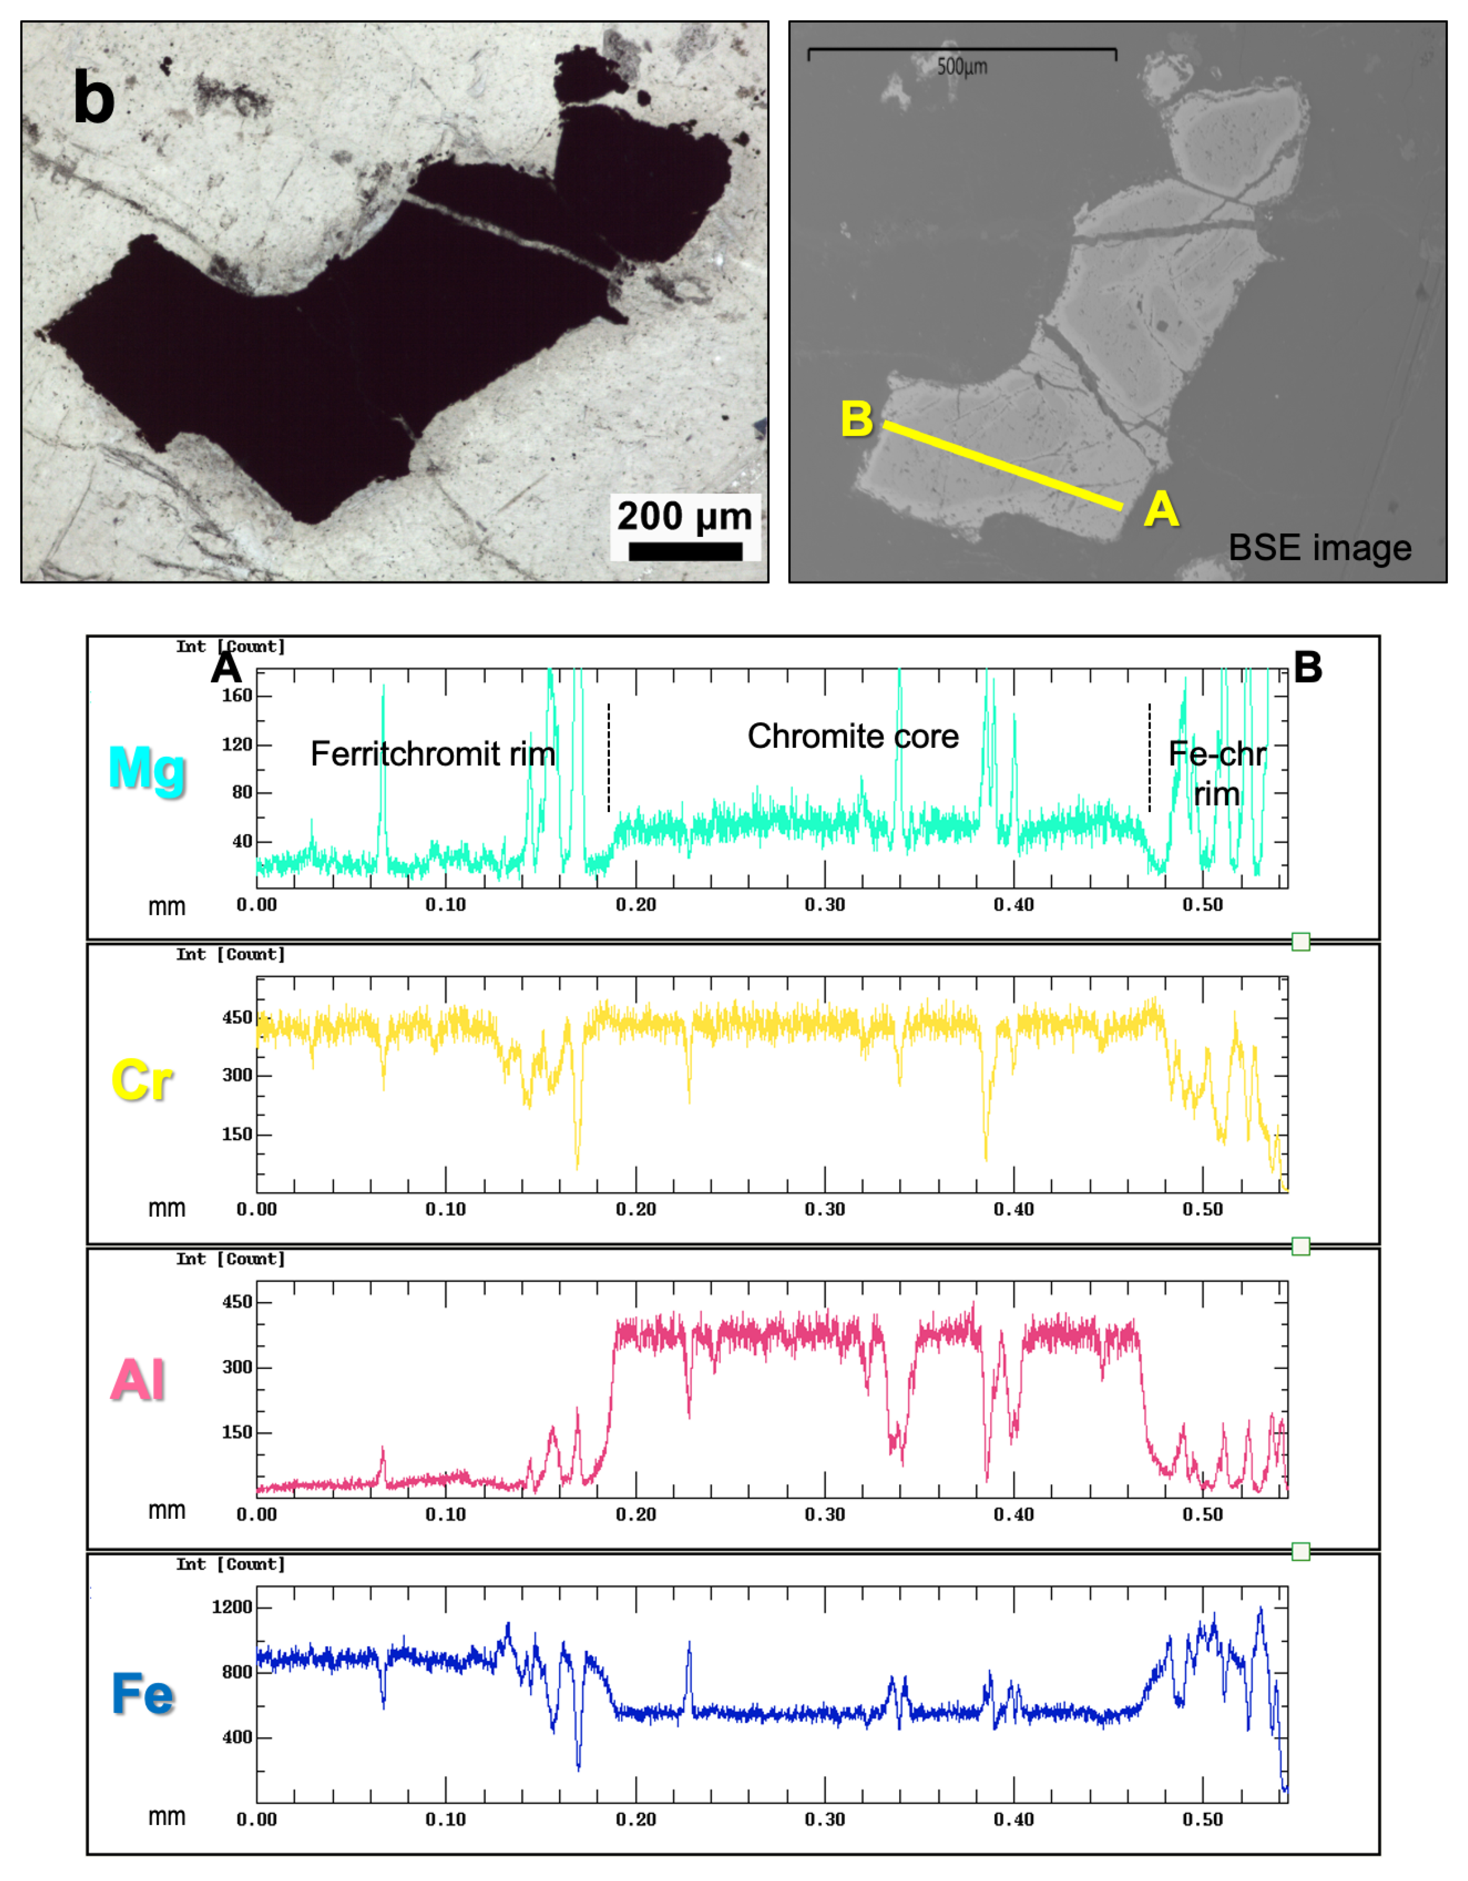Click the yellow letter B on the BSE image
pyautogui.click(x=857, y=419)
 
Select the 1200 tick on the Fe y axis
pyautogui.click(x=232, y=1607)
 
